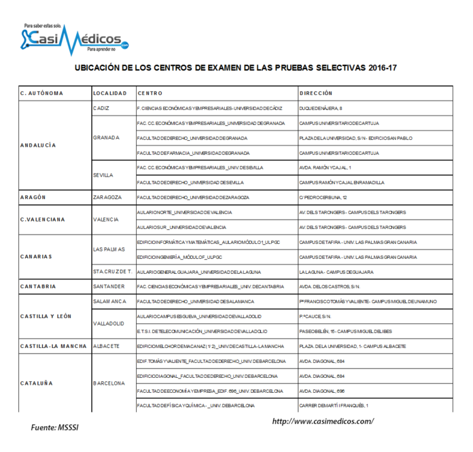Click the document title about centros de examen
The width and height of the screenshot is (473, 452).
[235, 69]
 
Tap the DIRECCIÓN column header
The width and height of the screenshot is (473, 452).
[315, 92]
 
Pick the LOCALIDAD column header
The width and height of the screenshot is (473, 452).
[109, 92]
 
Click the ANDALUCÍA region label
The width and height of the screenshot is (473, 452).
[38, 145]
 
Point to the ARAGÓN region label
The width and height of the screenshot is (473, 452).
[33, 197]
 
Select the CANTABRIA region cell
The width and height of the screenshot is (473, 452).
[38, 286]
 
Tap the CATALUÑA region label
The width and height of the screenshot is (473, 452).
[37, 383]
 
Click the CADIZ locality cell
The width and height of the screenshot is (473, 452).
[101, 108]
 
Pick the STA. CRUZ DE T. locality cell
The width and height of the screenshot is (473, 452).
[111, 271]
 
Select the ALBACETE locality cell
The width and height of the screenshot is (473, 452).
[106, 346]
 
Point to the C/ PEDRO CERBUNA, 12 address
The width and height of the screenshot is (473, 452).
[323, 197]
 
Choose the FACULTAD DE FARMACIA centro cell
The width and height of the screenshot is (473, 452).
[193, 153]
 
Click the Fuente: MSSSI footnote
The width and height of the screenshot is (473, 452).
[56, 428]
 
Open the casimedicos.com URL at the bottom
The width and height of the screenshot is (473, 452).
[322, 421]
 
